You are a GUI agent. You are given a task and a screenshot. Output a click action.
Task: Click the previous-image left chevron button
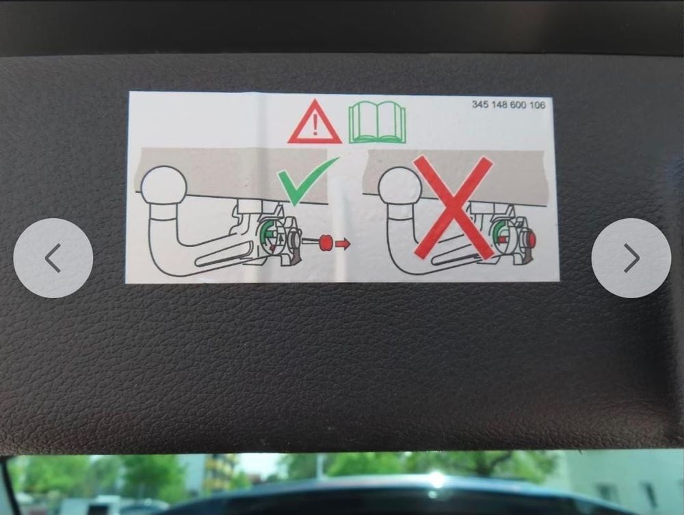pyautogui.click(x=53, y=258)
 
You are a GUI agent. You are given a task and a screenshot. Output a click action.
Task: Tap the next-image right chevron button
pyautogui.click(x=631, y=258)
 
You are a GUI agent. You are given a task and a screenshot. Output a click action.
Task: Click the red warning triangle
pyautogui.click(x=315, y=122)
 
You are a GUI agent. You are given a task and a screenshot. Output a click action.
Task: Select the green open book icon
pyautogui.click(x=377, y=122)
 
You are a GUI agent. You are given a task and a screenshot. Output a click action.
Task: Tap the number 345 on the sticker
pyautogui.click(x=481, y=104)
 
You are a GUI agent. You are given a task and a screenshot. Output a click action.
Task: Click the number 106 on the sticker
pyautogui.click(x=537, y=105)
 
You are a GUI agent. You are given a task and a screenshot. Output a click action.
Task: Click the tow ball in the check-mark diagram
pyautogui.click(x=164, y=185)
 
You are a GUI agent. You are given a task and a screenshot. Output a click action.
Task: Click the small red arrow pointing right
pyautogui.click(x=343, y=243)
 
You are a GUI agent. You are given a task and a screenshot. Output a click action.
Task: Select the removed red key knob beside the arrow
pyautogui.click(x=326, y=243)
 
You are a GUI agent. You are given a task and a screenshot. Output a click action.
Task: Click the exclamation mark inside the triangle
pyautogui.click(x=315, y=125)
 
